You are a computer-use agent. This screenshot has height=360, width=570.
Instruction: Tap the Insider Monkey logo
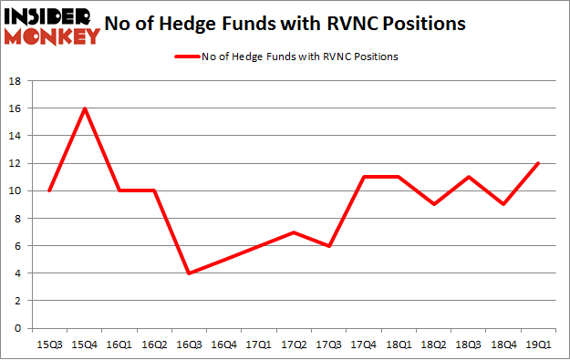coord(51,26)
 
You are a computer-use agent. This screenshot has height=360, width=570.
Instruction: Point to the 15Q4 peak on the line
coord(84,108)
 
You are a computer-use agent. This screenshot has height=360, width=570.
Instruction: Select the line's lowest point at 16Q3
coord(190,273)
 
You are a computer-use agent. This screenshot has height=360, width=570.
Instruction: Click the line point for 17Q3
coord(329,246)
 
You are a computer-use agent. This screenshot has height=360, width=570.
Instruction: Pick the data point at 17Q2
coord(295,232)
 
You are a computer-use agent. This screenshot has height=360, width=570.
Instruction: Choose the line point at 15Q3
coord(49,190)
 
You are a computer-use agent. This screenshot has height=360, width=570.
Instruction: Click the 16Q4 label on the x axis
coord(224,345)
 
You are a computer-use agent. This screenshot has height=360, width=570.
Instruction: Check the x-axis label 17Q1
coord(260,345)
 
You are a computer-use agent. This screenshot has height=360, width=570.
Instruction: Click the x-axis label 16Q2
coord(154,345)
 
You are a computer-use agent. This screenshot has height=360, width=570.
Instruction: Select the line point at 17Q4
coord(365,177)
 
